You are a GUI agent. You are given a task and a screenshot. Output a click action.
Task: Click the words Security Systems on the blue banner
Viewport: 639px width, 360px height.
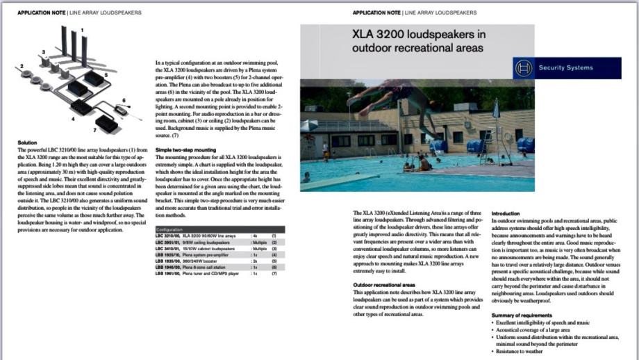pyautogui.click(x=569, y=68)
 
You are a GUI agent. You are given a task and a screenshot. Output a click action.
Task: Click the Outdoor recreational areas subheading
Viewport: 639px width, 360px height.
pyautogui.click(x=385, y=285)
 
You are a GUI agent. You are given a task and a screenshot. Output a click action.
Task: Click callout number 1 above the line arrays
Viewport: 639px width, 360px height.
pyautogui.click(x=83, y=30)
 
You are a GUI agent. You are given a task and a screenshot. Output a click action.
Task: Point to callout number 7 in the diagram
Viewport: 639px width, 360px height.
pyautogui.click(x=94, y=130)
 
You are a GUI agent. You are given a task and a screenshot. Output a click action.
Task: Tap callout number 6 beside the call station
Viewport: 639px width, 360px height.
pyautogui.click(x=124, y=101)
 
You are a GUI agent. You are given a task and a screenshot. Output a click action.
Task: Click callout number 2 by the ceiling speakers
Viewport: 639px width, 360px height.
pyautogui.click(x=22, y=66)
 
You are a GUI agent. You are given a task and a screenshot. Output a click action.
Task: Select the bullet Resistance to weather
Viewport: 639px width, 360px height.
pyautogui.click(x=521, y=352)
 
